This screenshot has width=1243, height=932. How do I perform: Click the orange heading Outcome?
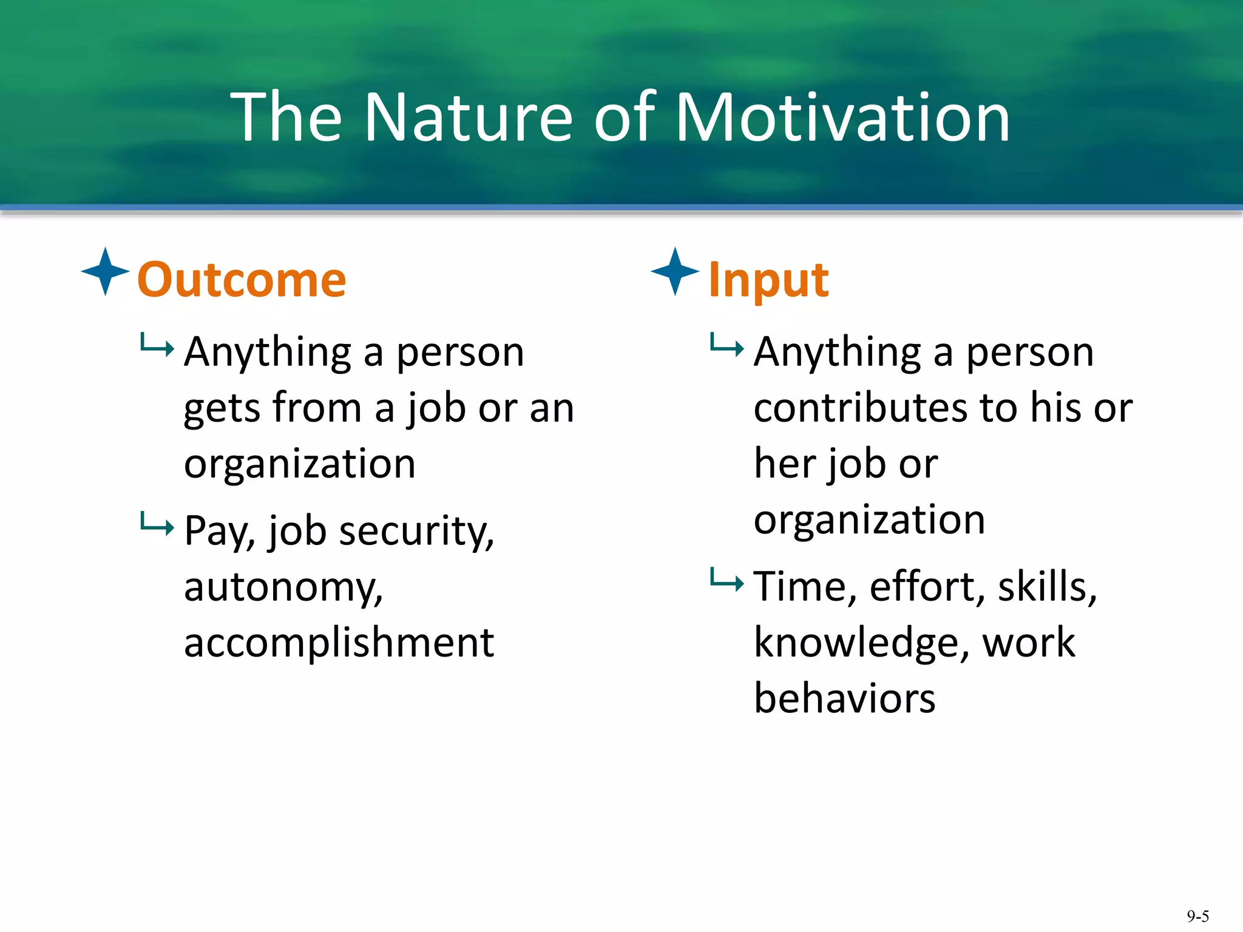coord(242,280)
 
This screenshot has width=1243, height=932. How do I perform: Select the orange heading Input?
coord(768,280)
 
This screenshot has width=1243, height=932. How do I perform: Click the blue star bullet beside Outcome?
coord(105,271)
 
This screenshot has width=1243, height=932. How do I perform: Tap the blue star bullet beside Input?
coord(675,271)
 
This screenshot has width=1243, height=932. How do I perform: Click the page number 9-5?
coord(1197,916)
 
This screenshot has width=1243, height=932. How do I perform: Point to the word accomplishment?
coord(339,643)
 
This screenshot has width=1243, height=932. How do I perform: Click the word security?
coord(416,532)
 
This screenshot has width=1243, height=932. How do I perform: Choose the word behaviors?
coord(844,698)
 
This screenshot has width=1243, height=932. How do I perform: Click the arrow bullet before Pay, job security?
coord(157,523)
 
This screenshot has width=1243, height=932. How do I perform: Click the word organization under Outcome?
coord(300,465)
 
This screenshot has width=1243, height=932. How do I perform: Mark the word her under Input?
coord(785,464)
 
